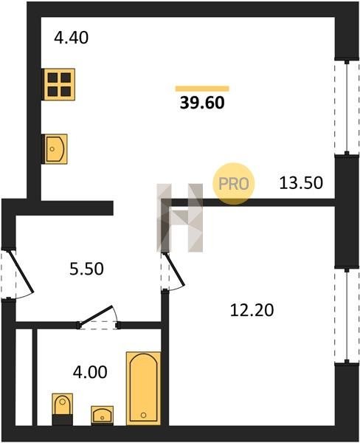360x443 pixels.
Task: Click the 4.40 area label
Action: coord(71,38)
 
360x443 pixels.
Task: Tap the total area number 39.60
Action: coord(202,103)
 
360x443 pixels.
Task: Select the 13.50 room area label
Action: coord(301,183)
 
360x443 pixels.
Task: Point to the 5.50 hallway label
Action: coord(87,269)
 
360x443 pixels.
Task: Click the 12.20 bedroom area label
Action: coord(252,310)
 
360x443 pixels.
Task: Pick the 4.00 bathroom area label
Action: coord(90,372)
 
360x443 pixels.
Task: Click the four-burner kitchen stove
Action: coord(58,84)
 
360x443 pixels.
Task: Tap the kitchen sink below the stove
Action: coord(55,149)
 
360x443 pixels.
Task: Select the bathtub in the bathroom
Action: coord(143,388)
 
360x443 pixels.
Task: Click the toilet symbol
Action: coord(63,409)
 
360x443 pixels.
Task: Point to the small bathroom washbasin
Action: coord(103,415)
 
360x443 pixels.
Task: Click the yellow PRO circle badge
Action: coord(234,184)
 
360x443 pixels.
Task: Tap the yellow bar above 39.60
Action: coord(202,89)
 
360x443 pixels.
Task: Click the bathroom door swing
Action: coord(99,317)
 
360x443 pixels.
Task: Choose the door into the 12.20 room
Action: coord(172,271)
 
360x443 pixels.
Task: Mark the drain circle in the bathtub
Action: coord(143,415)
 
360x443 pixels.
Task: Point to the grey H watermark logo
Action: coord(180,218)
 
